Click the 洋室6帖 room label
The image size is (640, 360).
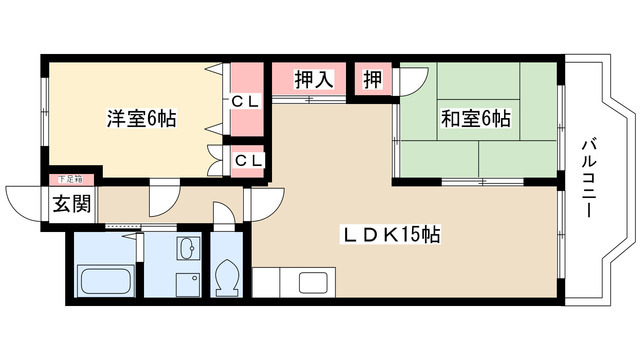pos(142,119)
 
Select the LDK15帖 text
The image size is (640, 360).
pos(392,236)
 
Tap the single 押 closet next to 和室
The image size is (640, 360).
pos(372,80)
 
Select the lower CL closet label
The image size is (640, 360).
pos(249,160)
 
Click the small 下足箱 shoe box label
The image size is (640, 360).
pos(71,179)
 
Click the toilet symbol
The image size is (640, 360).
pos(227,276)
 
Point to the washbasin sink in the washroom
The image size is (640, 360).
pos(187,248)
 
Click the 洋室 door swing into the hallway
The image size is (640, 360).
pos(160,198)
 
